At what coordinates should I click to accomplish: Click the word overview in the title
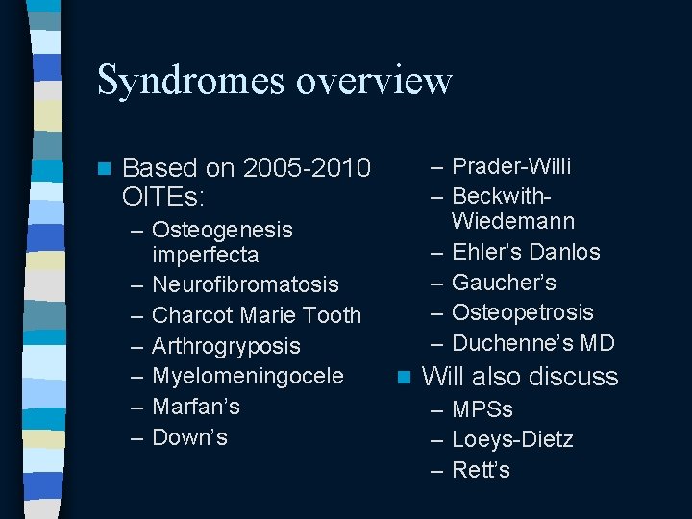pyautogui.click(x=374, y=81)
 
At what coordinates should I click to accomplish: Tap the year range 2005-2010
pyautogui.click(x=308, y=168)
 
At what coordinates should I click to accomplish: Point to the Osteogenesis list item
pyautogui.click(x=222, y=230)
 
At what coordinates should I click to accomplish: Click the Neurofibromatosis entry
pyautogui.click(x=245, y=284)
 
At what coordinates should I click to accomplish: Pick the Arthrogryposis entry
pyautogui.click(x=226, y=346)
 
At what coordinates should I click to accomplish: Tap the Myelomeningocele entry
pyautogui.click(x=248, y=376)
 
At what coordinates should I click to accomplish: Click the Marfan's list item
pyautogui.click(x=196, y=407)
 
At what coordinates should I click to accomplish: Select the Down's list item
pyautogui.click(x=189, y=437)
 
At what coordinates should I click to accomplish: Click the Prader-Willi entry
pyautogui.click(x=510, y=166)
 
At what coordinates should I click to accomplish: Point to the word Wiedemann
pyautogui.click(x=512, y=222)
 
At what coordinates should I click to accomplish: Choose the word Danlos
pyautogui.click(x=564, y=253)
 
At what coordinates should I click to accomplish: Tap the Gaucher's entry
pyautogui.click(x=503, y=283)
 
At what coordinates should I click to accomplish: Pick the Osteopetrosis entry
pyautogui.click(x=522, y=312)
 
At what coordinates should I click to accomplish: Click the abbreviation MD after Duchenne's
pyautogui.click(x=599, y=343)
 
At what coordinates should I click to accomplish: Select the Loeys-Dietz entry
pyautogui.click(x=511, y=440)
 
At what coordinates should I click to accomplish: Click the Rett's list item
pyautogui.click(x=481, y=471)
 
